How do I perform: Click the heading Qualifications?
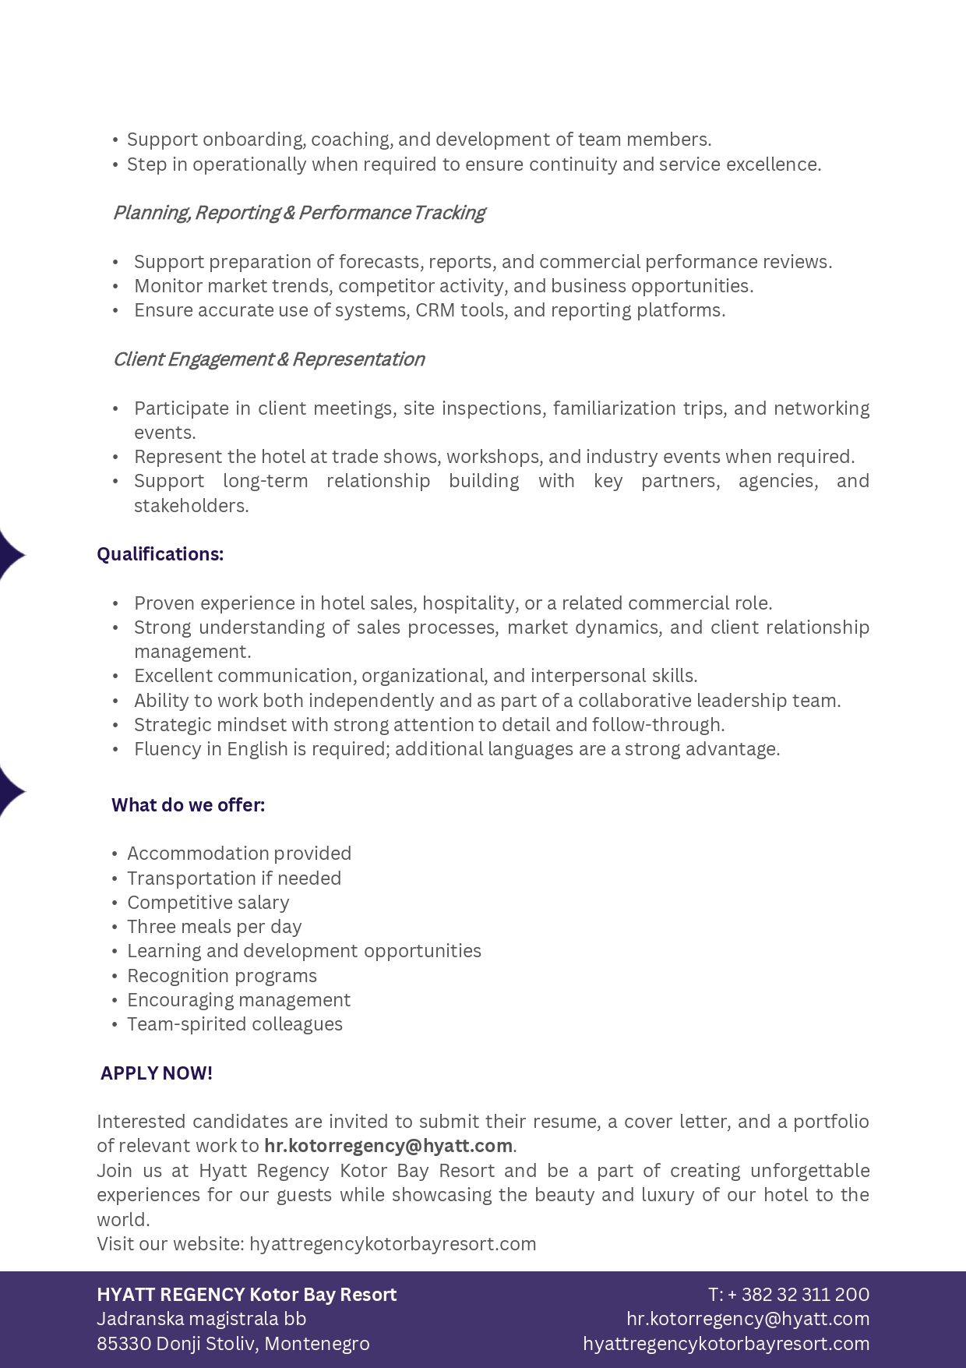160,554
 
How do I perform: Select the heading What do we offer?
188,805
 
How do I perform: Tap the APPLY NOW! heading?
156,1073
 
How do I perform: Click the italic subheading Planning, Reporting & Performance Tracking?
298,213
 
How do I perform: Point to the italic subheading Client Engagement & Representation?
269,359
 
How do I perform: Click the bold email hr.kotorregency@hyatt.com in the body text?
388,1146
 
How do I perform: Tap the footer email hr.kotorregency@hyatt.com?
747,1319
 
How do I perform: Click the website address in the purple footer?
725,1344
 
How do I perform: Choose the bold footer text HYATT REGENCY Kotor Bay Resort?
246,1295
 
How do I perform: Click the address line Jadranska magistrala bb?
201,1319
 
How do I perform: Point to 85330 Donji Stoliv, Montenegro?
233,1344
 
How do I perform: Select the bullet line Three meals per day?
214,927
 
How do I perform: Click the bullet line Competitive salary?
208,903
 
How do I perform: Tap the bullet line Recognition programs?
222,976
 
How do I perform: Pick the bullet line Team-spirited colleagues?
234,1024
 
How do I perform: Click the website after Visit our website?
393,1244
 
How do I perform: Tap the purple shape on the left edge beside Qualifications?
10,555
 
